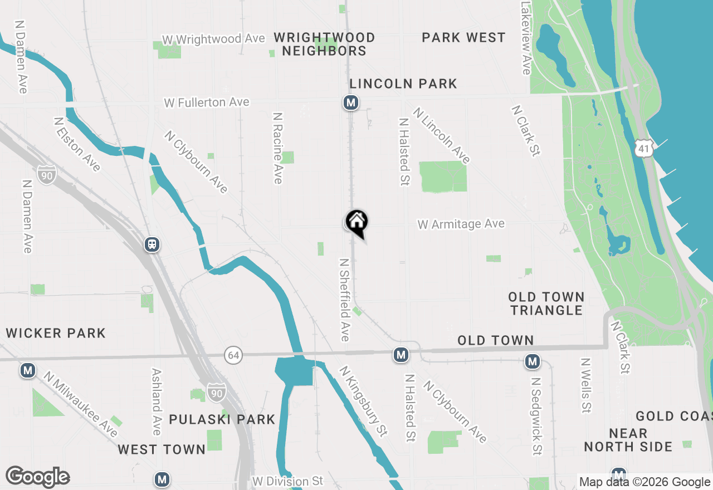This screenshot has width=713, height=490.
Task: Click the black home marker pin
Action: (356, 222)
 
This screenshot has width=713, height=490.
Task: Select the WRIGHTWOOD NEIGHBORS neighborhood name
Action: (324, 44)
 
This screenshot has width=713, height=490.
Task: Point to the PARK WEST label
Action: (463, 37)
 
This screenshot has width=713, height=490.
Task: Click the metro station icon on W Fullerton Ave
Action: (350, 102)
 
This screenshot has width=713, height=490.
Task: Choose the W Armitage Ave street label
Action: (461, 224)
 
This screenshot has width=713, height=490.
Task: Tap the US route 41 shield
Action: (643, 148)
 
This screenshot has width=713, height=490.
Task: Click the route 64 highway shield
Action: (234, 355)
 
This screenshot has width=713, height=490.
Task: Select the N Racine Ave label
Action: (277, 148)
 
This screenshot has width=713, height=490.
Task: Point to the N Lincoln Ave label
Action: (442, 135)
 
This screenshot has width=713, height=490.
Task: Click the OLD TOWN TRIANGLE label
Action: (546, 303)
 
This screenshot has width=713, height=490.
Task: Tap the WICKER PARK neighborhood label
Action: (56, 333)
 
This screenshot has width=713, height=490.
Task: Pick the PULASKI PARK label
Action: (222, 419)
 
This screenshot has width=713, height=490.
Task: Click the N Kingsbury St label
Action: (363, 400)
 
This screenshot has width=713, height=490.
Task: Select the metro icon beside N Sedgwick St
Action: (533, 361)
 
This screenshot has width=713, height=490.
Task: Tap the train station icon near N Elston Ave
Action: (152, 244)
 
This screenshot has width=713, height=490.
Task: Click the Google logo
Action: (37, 477)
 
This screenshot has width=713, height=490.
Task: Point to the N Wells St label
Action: (585, 385)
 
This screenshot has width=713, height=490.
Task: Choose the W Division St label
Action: (287, 481)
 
